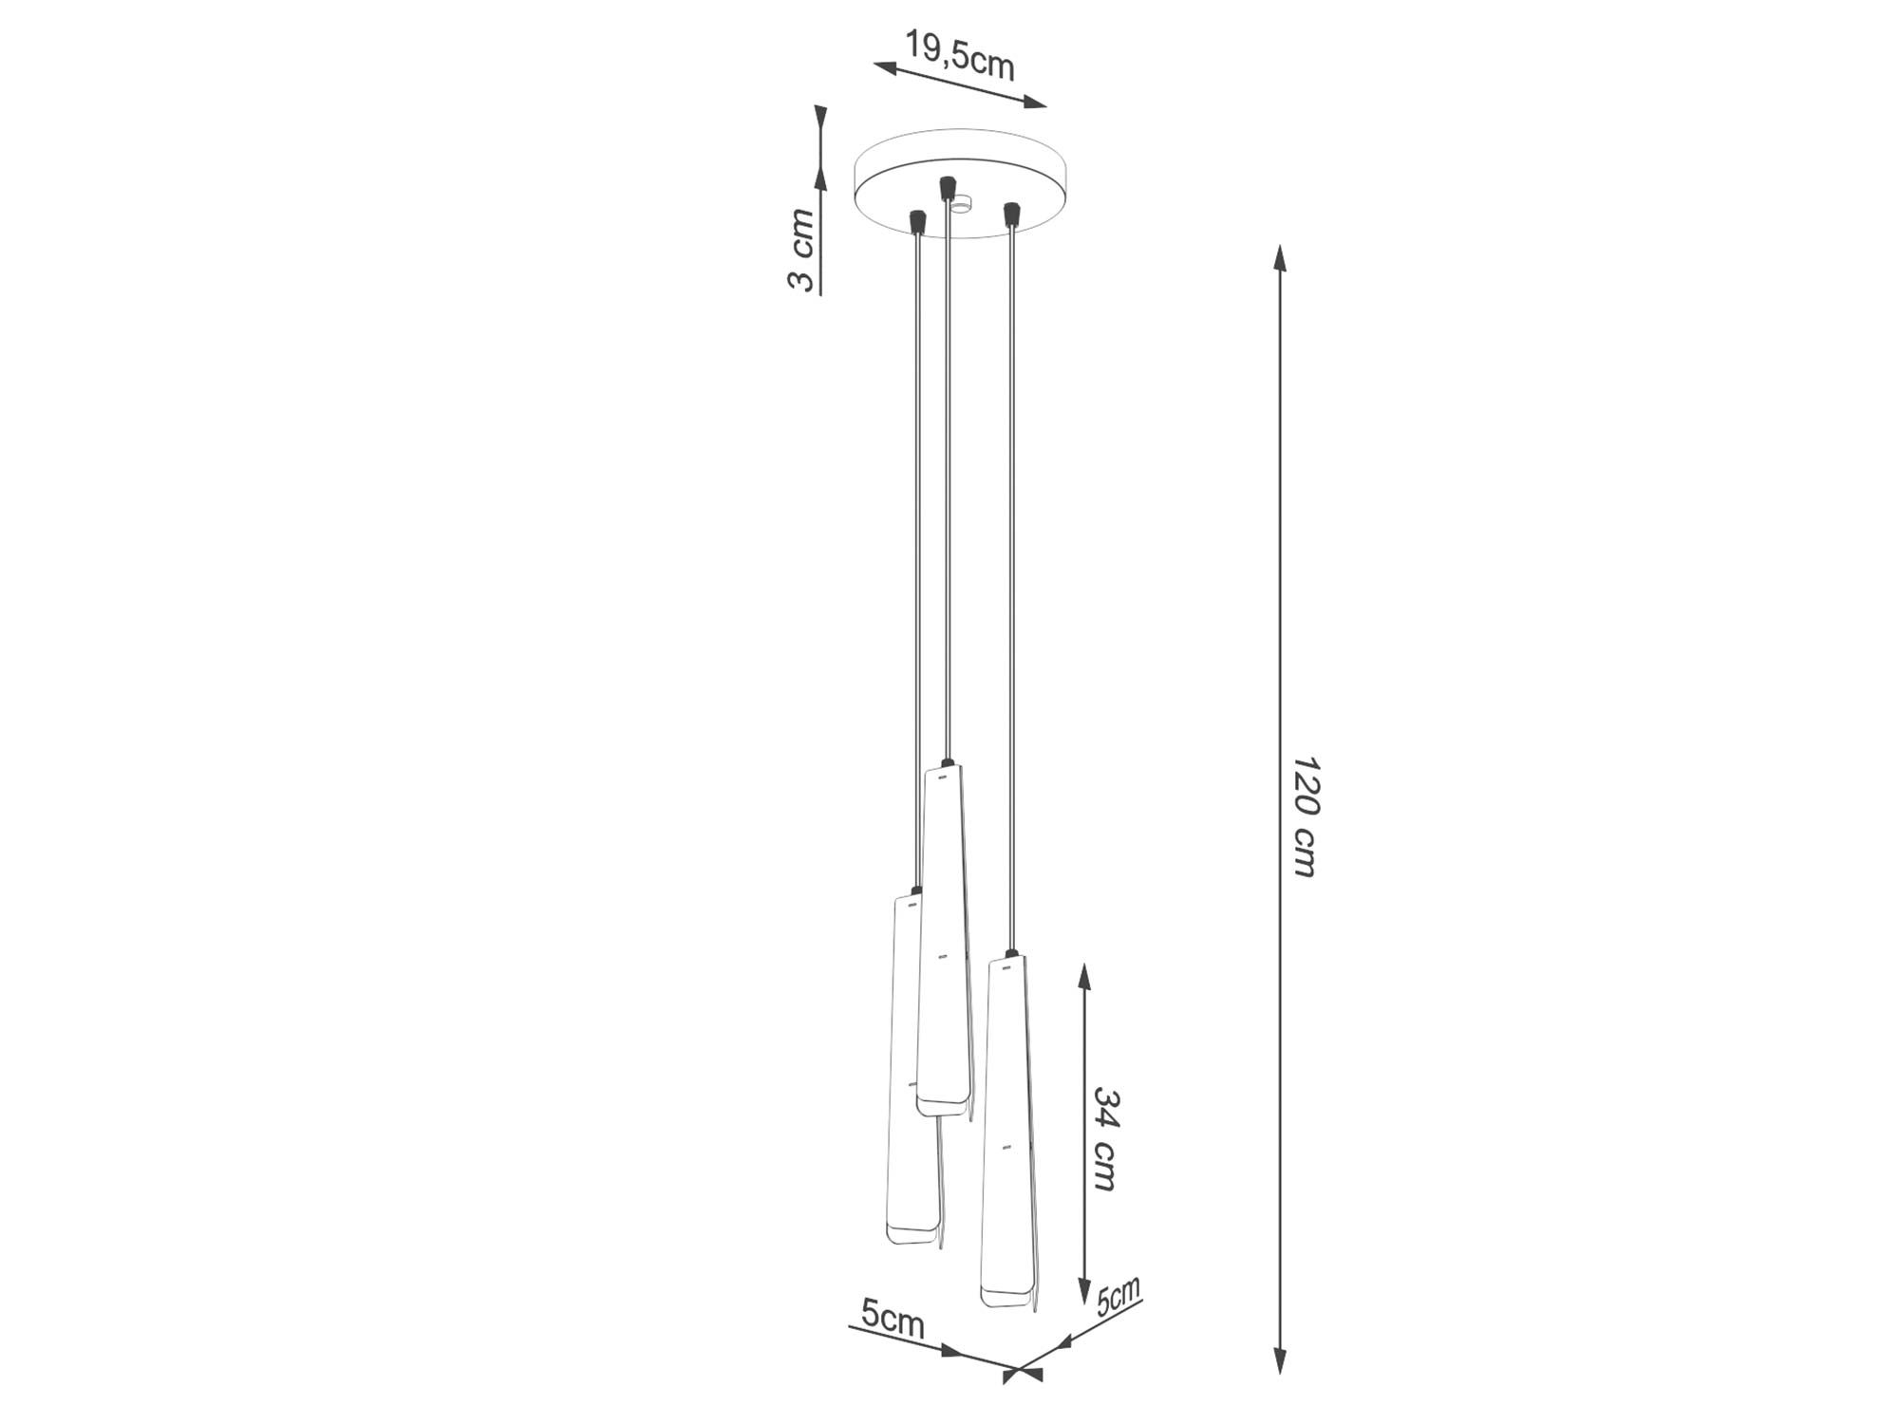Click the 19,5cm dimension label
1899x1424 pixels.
[x=960, y=55]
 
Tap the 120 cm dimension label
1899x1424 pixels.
[x=1306, y=817]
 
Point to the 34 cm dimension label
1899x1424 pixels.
[x=1106, y=1138]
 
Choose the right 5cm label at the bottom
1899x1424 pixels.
[x=1119, y=1296]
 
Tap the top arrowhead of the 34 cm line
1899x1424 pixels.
[x=1084, y=979]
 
